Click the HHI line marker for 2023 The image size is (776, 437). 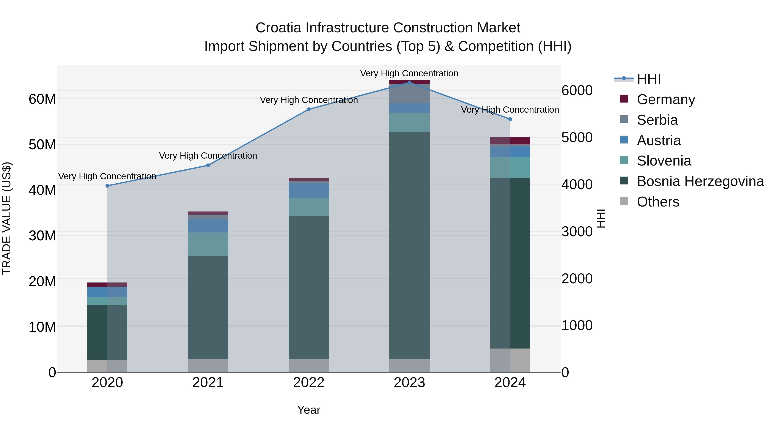coord(409,82)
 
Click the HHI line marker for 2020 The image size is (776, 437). coord(107,186)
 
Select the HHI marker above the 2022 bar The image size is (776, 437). coord(308,109)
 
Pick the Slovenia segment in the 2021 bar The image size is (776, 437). coord(208,244)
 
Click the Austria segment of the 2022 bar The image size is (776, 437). coord(308,190)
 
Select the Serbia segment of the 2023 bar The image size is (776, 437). coord(409,94)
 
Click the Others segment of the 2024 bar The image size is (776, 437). coord(510,360)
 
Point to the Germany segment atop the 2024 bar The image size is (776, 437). coord(510,140)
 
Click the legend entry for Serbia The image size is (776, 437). coord(657,120)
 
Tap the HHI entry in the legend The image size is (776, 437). coord(649,79)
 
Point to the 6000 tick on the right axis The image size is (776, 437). coord(577,90)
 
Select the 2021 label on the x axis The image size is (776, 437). coord(208,383)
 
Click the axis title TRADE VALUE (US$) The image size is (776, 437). coord(7,218)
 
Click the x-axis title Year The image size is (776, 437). coord(308,410)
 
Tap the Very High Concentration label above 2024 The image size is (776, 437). coord(510,110)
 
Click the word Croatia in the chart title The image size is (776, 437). coord(278,28)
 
